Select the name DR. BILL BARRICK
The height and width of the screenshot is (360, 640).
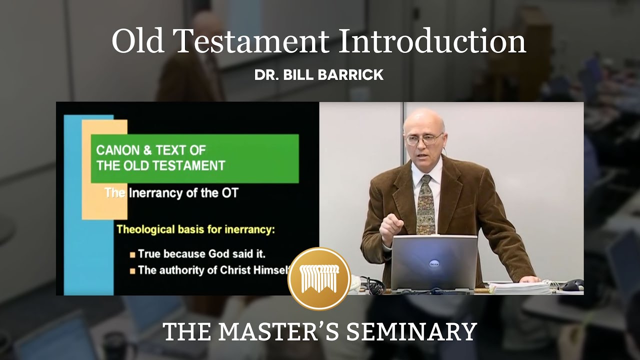(x=319, y=75)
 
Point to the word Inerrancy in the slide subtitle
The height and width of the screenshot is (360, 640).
(x=156, y=193)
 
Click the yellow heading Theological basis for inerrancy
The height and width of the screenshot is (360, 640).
(x=196, y=230)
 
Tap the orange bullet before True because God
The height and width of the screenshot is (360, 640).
(x=132, y=254)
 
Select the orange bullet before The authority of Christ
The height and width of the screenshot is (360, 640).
(x=132, y=271)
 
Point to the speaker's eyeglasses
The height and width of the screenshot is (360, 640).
(x=423, y=138)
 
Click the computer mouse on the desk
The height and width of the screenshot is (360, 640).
(x=572, y=285)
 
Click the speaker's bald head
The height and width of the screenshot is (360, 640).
(x=423, y=118)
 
